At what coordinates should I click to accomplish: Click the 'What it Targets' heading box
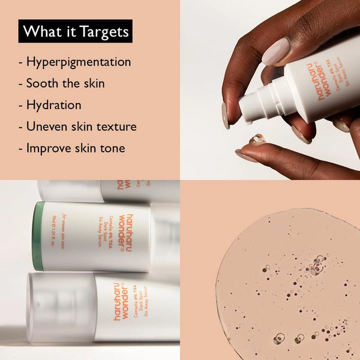pos(75,31)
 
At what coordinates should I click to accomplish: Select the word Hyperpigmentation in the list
pos(79,62)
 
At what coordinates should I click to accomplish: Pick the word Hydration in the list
pos(53,105)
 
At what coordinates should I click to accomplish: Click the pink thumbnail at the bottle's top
pos(275,52)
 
